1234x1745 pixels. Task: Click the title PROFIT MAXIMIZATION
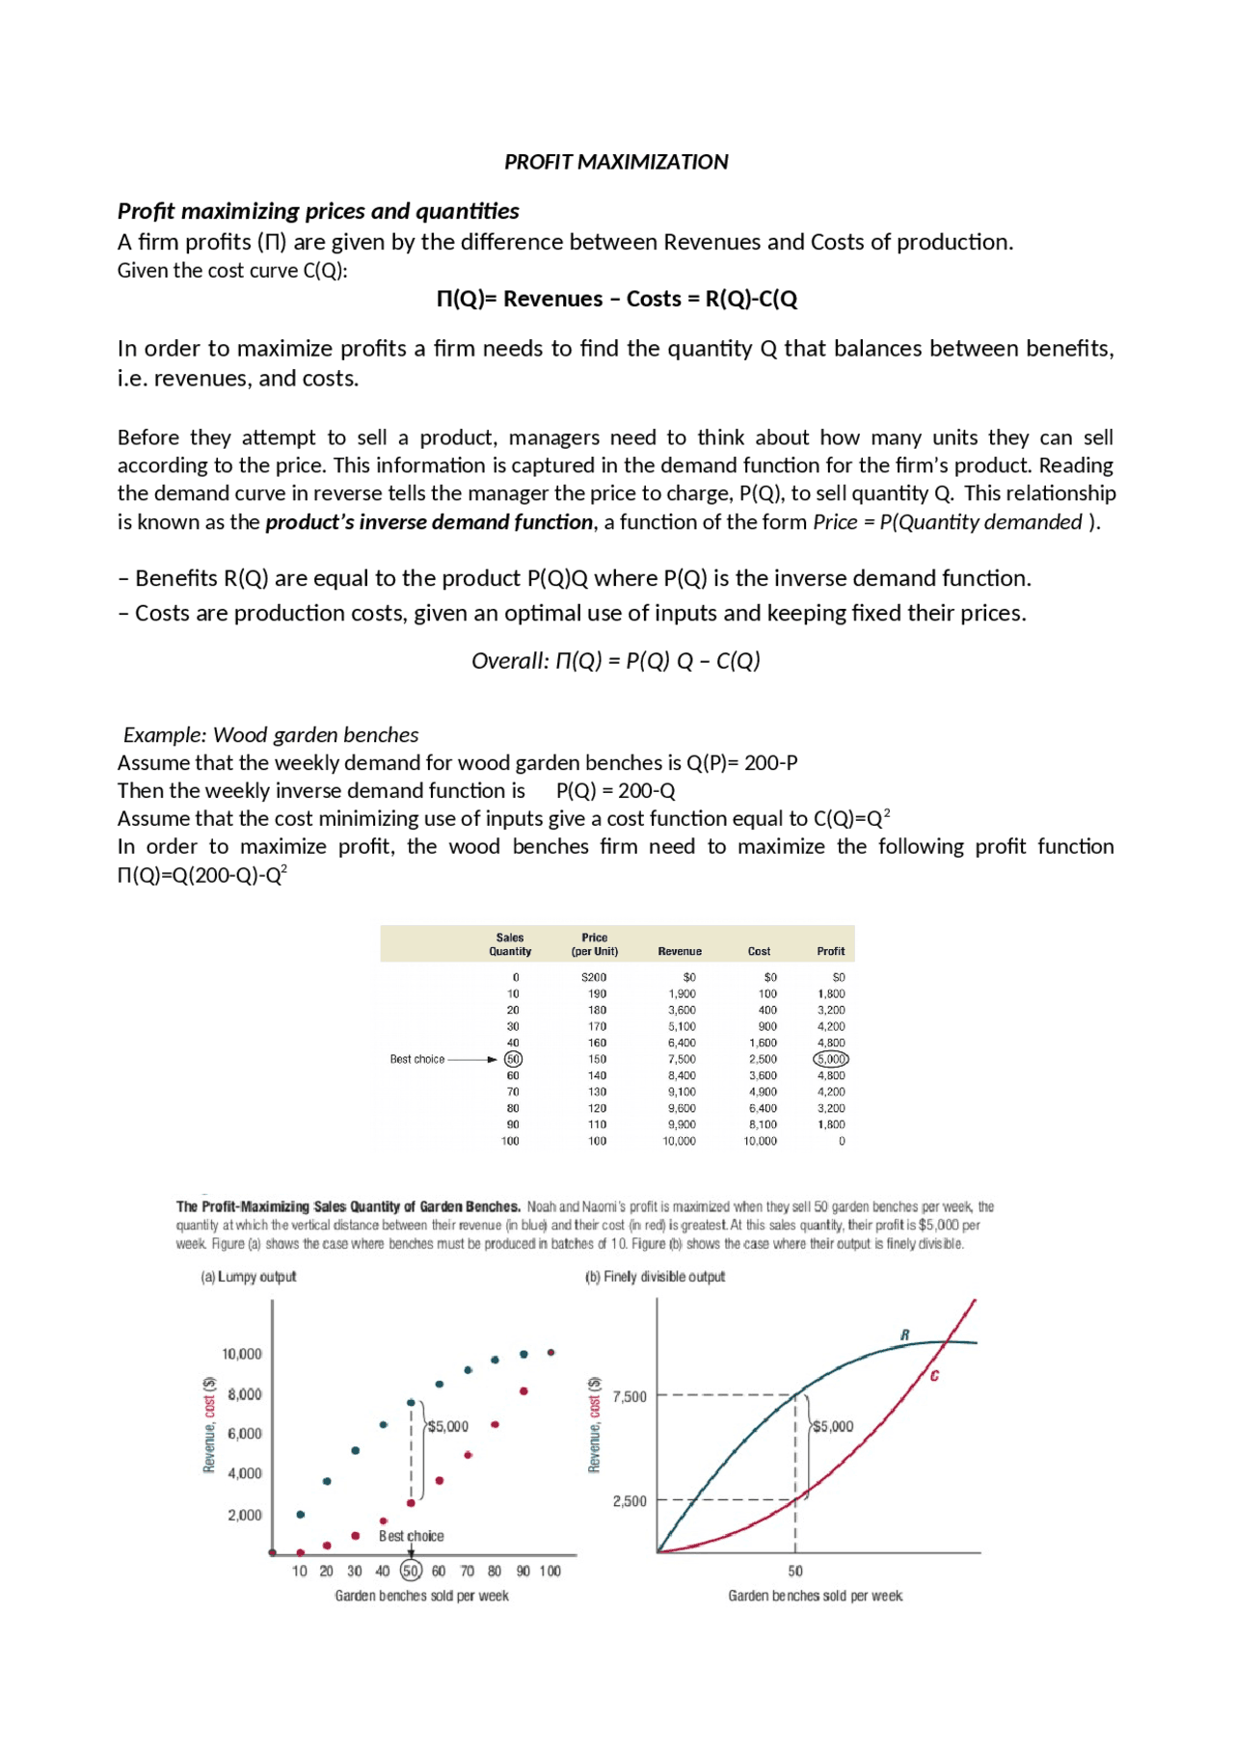coord(616,162)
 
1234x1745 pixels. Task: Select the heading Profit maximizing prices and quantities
coord(318,211)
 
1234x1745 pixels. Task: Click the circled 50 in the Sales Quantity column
coord(513,1059)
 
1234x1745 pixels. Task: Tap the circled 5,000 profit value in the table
coord(831,1059)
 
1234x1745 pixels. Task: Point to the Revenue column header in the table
coord(680,951)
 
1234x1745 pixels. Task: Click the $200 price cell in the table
coord(594,977)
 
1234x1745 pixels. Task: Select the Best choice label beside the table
coord(417,1059)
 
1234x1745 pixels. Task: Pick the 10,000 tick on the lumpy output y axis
coord(242,1354)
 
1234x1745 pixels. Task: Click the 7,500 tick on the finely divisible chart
coord(630,1396)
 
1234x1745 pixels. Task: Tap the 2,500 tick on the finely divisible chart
coord(630,1500)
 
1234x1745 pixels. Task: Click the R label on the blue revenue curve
coord(904,1335)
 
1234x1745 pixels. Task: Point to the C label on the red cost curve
coord(934,1376)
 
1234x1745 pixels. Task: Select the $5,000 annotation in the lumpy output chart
coord(447,1426)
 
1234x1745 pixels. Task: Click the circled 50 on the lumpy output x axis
coord(411,1571)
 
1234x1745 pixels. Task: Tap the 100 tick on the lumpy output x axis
coord(550,1571)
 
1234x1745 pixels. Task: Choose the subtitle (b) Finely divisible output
coord(655,1277)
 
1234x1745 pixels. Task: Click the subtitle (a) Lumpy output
coord(249,1277)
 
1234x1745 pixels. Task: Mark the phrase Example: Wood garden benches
coord(271,735)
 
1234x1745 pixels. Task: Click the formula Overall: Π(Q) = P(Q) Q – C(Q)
coord(616,661)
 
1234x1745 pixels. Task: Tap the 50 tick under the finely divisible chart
coord(795,1571)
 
